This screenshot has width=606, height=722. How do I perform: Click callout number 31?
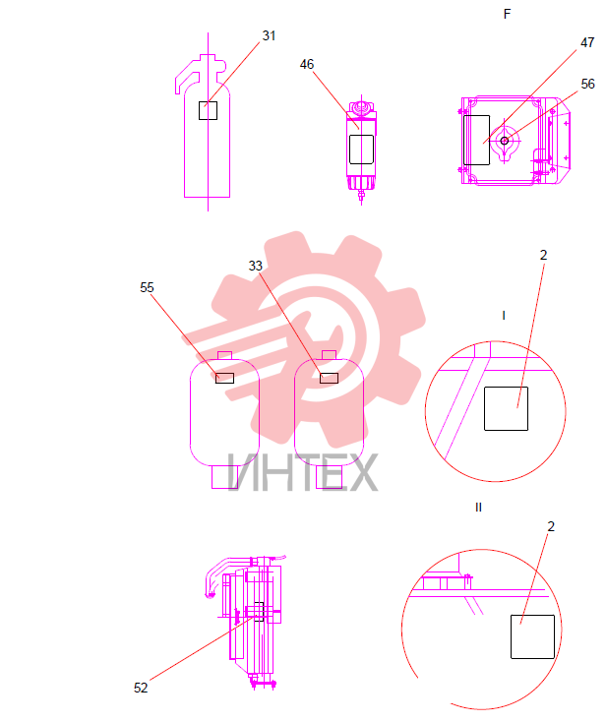point(269,36)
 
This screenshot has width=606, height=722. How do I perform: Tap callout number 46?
point(307,65)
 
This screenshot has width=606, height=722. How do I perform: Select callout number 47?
point(587,43)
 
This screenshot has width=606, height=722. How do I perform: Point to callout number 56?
point(587,84)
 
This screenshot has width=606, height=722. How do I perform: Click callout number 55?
point(147,288)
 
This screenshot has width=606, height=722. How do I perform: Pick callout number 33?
point(256,267)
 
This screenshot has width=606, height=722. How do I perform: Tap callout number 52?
point(141,688)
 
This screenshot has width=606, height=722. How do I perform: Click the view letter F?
point(507,15)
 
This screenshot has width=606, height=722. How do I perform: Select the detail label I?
point(504,316)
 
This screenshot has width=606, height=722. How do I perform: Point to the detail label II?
point(478,508)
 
